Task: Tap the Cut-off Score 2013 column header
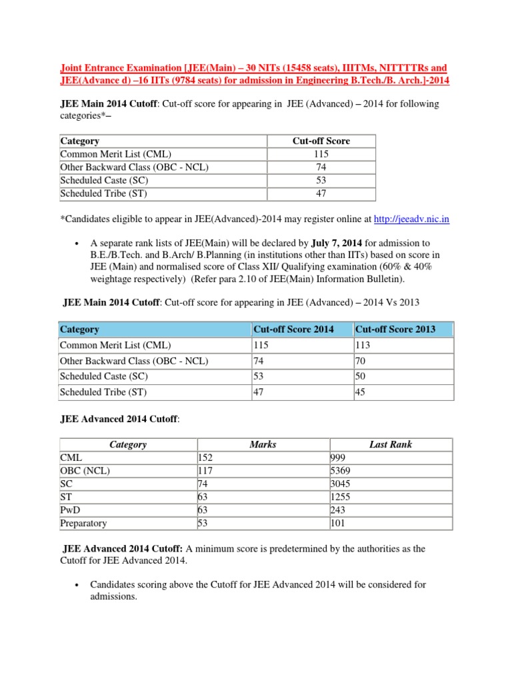pos(395,329)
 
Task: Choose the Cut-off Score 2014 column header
pos(293,329)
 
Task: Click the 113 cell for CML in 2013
pos(363,346)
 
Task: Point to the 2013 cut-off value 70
pos(361,361)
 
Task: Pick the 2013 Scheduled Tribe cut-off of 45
pos(361,393)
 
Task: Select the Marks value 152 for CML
pos(206,458)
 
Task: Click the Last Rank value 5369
pos(341,471)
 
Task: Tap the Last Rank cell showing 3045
pos(341,484)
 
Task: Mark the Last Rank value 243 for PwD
pos(339,510)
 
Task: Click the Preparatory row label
pos(83,524)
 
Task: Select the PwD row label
pos(70,510)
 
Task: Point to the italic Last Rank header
pos(391,445)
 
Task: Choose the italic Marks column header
pos(263,445)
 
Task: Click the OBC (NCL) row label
pos(85,471)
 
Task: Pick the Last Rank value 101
pos(338,524)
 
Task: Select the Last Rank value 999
pos(339,458)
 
